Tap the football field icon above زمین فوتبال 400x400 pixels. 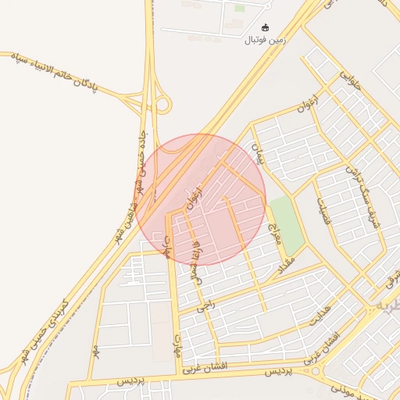click(266, 27)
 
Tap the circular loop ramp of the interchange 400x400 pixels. click(162, 105)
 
